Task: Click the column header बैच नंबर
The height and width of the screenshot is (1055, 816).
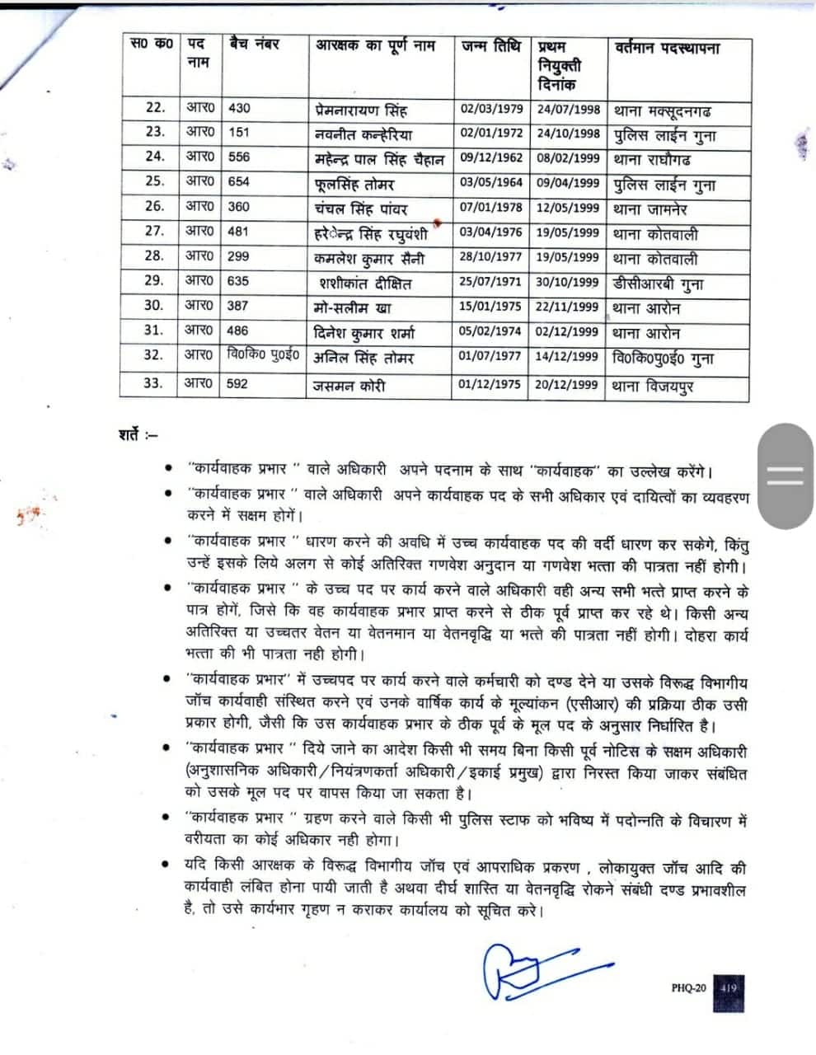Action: (x=253, y=45)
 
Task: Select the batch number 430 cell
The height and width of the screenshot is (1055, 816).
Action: (x=239, y=108)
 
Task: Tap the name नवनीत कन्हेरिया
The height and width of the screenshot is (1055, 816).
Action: (x=363, y=134)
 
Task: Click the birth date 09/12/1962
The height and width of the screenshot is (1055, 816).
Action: (x=490, y=157)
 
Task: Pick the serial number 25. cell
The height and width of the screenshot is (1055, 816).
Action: (x=155, y=181)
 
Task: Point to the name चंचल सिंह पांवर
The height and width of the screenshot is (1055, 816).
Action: (x=361, y=208)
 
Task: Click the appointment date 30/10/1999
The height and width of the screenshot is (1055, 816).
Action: (x=568, y=282)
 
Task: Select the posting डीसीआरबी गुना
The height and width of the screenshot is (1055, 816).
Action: (x=659, y=284)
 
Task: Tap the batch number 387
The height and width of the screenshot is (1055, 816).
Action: (x=238, y=306)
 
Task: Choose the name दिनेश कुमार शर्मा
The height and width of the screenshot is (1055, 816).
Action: (x=364, y=333)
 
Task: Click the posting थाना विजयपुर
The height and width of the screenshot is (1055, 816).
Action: (x=653, y=385)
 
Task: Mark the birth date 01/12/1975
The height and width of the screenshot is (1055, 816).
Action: (x=490, y=383)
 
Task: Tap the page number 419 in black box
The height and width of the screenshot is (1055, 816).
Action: (x=729, y=986)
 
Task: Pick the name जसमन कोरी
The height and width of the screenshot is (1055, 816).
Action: (x=349, y=385)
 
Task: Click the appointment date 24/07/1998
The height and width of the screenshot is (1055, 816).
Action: (x=568, y=108)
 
